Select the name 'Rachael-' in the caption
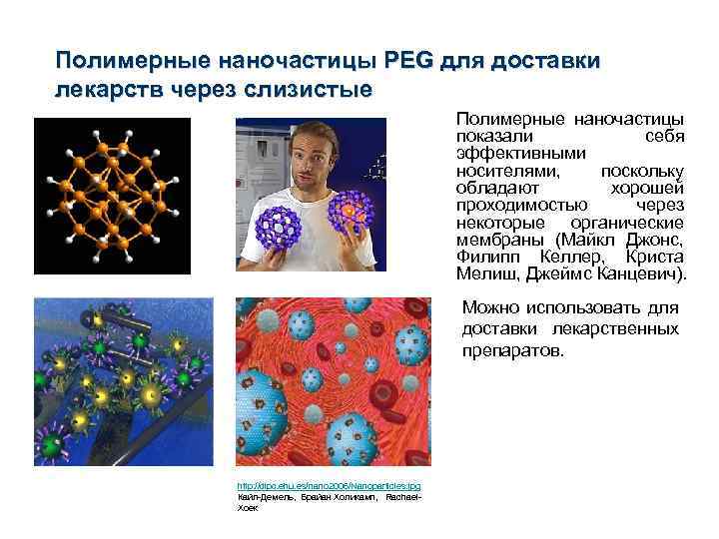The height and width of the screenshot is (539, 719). point(404,496)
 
